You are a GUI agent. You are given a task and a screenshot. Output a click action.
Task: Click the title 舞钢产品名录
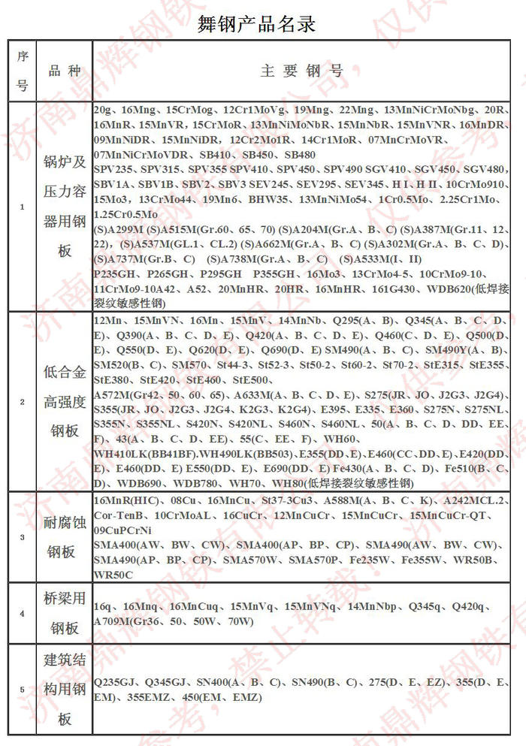click(256, 23)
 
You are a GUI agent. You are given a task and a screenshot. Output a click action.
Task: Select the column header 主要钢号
click(301, 71)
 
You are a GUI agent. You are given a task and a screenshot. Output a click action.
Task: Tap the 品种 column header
click(65, 71)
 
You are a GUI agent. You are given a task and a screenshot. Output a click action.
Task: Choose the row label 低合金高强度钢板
click(65, 402)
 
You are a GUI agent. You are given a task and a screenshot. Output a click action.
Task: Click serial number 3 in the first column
click(22, 537)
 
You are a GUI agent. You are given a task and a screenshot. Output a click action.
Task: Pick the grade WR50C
click(113, 575)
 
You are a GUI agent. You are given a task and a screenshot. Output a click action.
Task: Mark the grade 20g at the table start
click(104, 110)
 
